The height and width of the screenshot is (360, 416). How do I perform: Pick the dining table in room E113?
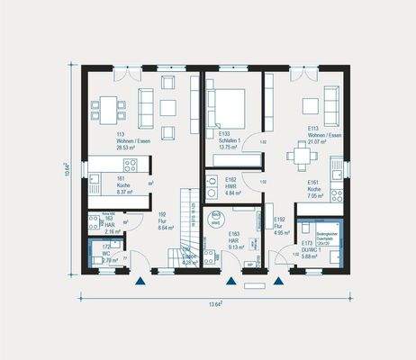[x=301, y=155]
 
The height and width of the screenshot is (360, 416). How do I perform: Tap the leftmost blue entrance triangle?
[x=140, y=282]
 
